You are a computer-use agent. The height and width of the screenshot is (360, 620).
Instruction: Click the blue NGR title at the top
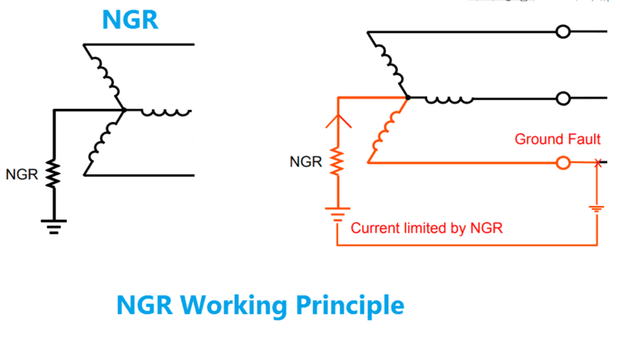pyautogui.click(x=129, y=19)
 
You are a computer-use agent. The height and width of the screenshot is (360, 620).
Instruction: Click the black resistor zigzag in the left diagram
pyautogui.click(x=54, y=172)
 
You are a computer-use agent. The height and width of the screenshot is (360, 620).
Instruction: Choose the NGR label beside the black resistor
pyautogui.click(x=21, y=174)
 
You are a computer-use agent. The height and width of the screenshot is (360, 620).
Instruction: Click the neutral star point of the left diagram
pyautogui.click(x=122, y=109)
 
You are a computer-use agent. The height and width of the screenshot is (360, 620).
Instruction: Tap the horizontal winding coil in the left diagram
pyautogui.click(x=165, y=111)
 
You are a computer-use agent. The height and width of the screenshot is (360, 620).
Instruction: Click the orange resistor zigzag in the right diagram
pyautogui.click(x=337, y=162)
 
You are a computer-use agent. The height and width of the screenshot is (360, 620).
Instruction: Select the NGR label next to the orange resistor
pyautogui.click(x=305, y=162)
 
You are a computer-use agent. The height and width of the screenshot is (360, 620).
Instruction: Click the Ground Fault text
pyautogui.click(x=557, y=140)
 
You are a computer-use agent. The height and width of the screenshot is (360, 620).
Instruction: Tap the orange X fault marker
pyautogui.click(x=597, y=163)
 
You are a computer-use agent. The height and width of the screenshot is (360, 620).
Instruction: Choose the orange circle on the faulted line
pyautogui.click(x=563, y=163)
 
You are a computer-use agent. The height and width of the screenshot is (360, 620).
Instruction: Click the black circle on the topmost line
pyautogui.click(x=563, y=32)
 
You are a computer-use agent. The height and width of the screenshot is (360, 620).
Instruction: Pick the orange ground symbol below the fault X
pyautogui.click(x=597, y=208)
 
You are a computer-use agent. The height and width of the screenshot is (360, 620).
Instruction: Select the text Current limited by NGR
pyautogui.click(x=427, y=228)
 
